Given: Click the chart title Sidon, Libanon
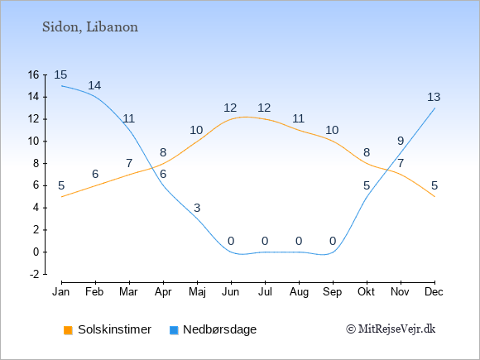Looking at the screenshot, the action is (x=90, y=27).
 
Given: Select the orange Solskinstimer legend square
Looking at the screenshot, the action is (x=68, y=330).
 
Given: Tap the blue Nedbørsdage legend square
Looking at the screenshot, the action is (x=174, y=330).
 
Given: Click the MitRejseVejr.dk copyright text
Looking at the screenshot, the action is (x=391, y=329).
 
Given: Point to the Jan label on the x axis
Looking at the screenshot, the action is (x=61, y=292).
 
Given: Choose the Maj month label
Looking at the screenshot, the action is (x=197, y=292).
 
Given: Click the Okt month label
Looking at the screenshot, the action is (x=366, y=292).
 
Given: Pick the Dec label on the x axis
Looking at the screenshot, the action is (x=434, y=292).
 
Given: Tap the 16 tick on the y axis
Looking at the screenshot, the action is (x=33, y=74).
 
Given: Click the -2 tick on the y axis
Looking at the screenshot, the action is (x=34, y=274).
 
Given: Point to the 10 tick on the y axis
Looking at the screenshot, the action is (x=33, y=142).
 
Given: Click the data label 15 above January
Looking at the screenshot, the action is (x=60, y=74).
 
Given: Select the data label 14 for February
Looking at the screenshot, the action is (x=94, y=85).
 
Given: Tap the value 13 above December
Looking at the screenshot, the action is (x=434, y=97).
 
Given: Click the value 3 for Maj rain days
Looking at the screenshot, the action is (x=197, y=208).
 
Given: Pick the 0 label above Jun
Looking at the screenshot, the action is (x=231, y=241).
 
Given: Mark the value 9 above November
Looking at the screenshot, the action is (x=401, y=141).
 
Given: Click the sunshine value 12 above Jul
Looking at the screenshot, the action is (x=264, y=108).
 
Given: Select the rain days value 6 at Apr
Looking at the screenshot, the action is (x=163, y=174).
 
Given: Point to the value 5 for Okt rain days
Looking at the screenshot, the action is (x=367, y=185).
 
